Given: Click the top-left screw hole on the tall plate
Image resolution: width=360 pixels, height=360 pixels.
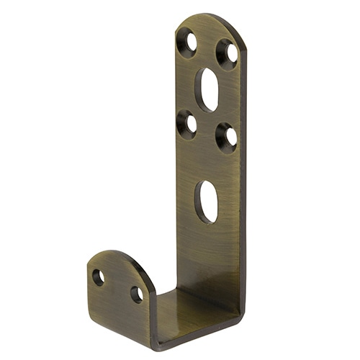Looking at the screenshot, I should click(x=187, y=42).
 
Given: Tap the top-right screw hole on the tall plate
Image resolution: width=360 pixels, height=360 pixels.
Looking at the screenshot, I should click(x=228, y=54).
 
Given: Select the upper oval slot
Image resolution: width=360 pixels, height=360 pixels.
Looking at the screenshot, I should click(x=207, y=89).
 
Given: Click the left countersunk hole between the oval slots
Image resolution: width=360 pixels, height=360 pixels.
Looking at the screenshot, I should click(x=187, y=125).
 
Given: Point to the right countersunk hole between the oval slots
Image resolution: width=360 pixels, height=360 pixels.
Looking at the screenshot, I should click(x=227, y=136).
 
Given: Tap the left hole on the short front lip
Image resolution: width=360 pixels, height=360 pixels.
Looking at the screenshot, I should click(x=99, y=277).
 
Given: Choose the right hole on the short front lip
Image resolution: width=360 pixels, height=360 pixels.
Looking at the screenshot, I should click(x=136, y=294).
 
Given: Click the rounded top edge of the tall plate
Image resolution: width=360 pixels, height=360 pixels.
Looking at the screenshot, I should click(x=209, y=17).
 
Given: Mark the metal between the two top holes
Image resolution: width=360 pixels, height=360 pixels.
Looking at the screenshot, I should click(x=208, y=48).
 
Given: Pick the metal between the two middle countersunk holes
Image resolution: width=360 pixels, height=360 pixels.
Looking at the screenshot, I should click(x=207, y=130).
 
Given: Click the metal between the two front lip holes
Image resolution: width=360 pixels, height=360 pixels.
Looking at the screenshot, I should click(x=117, y=285).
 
